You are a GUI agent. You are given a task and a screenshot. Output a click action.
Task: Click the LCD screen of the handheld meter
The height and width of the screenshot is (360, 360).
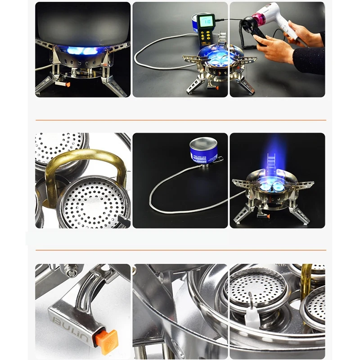click(x=207, y=21)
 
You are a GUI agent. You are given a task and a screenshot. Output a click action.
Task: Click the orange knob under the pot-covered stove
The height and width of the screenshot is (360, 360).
click(x=68, y=84)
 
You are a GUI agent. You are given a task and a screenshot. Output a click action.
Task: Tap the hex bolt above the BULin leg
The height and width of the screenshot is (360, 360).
click(x=70, y=271)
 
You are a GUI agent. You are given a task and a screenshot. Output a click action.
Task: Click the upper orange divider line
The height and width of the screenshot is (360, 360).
click(x=180, y=120)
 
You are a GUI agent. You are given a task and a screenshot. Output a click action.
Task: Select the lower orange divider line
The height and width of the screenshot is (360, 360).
click(x=180, y=250)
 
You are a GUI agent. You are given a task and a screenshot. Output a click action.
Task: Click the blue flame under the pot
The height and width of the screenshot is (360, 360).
click(x=83, y=51)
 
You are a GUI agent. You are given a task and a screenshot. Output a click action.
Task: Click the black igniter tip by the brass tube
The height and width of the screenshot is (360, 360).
click(x=123, y=221)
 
